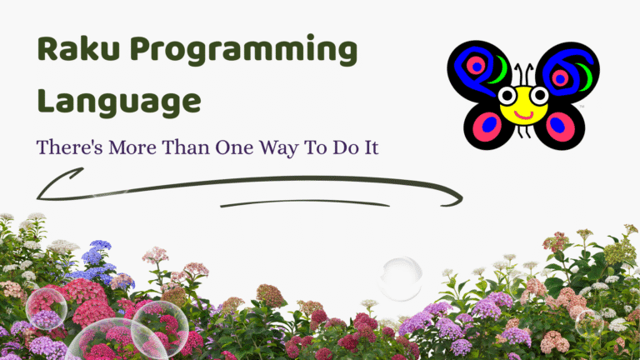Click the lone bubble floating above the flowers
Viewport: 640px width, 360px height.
click(x=399, y=277)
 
